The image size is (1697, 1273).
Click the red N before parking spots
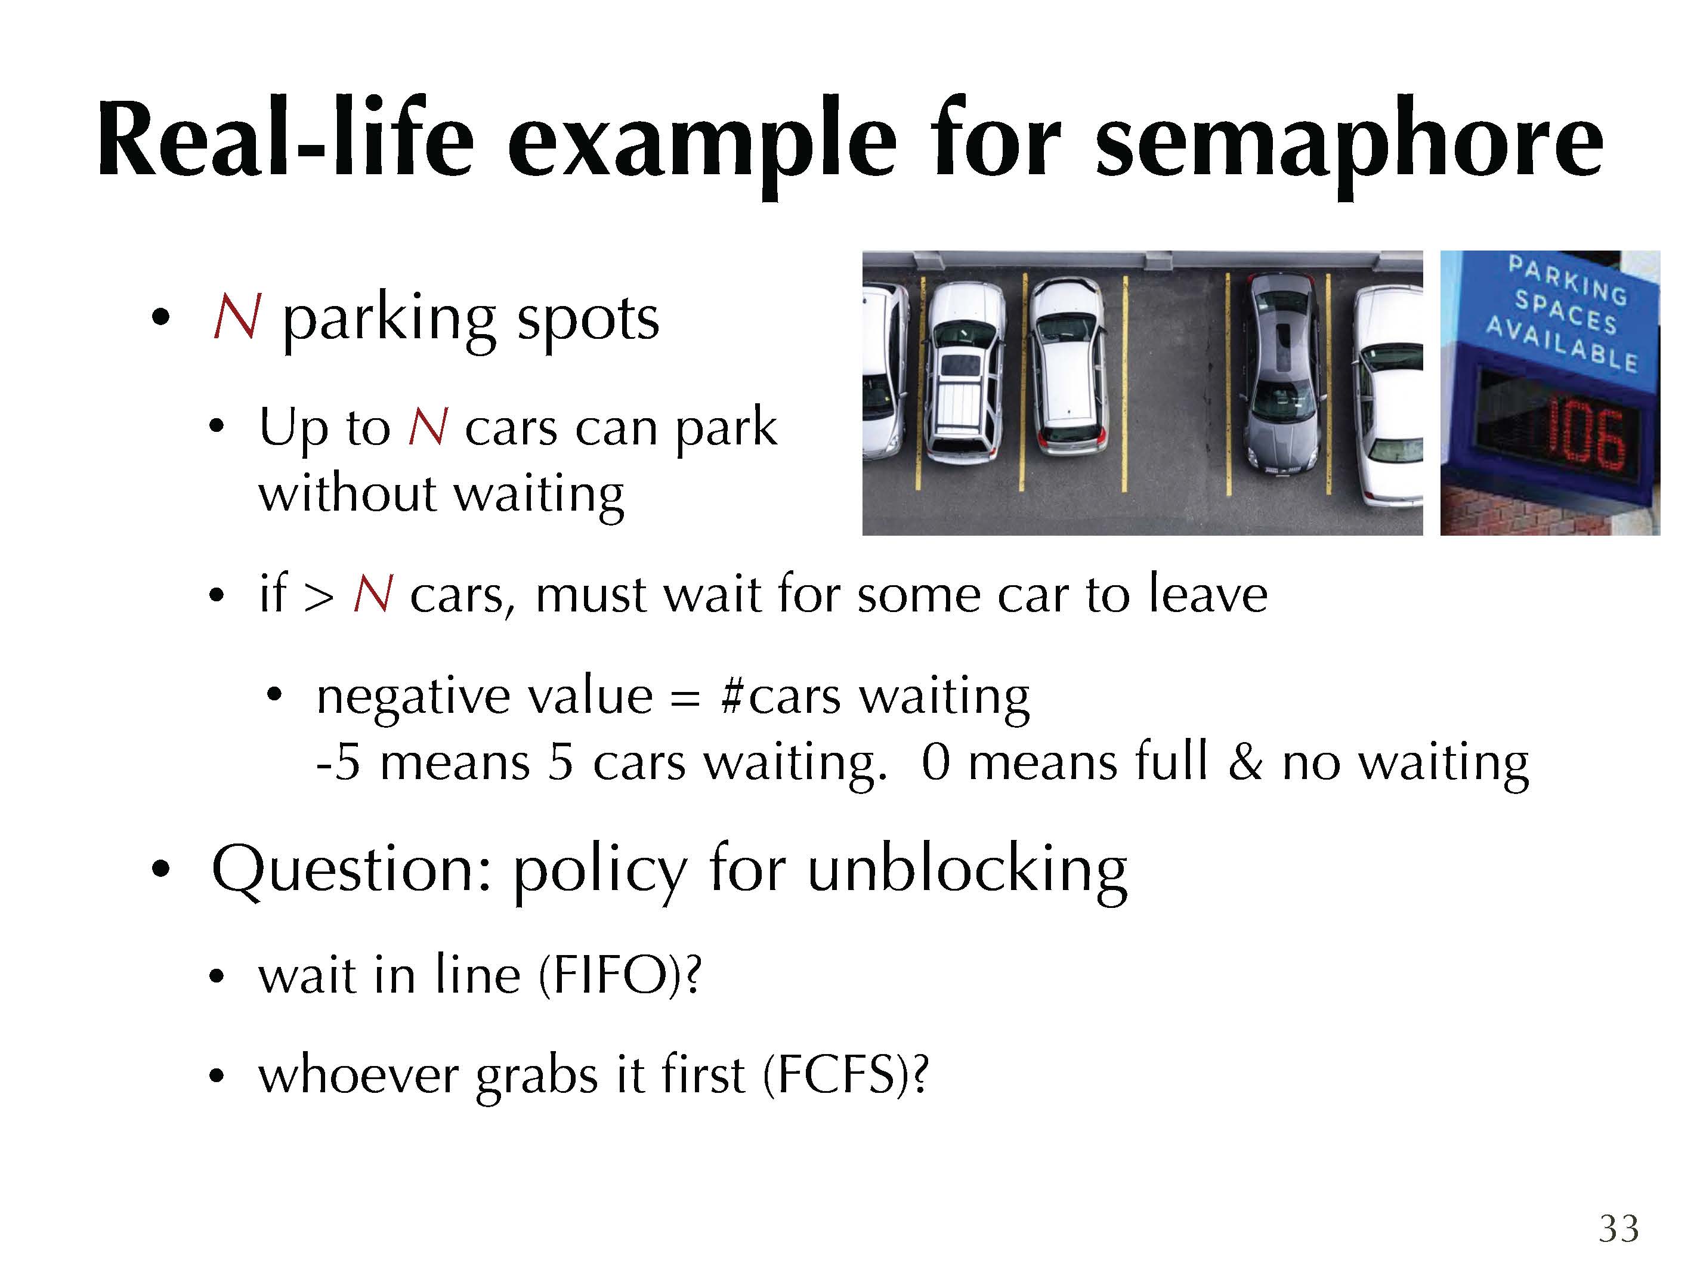coord(237,316)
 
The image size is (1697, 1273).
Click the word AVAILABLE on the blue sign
coord(1562,345)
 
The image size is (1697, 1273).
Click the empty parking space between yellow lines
coord(1176,384)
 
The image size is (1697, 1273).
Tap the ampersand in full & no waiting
coord(1245,763)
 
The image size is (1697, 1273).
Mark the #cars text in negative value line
coord(781,696)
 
